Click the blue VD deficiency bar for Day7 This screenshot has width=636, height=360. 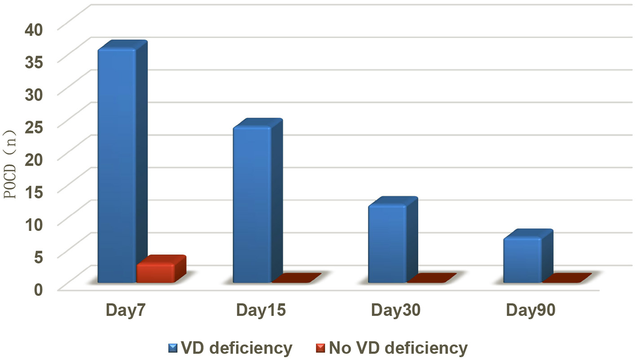click(117, 166)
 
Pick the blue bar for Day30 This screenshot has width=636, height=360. click(387, 244)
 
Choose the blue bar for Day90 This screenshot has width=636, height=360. click(522, 260)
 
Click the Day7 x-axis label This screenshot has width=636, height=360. click(125, 311)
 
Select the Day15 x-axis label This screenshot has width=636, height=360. click(261, 311)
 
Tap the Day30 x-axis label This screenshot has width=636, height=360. click(396, 311)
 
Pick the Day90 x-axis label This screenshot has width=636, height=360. click(531, 311)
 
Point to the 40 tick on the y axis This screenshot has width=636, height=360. click(34, 29)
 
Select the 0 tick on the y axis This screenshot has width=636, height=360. click(39, 289)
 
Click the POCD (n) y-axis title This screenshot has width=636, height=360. click(10, 164)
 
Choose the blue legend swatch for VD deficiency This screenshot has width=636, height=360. click(173, 348)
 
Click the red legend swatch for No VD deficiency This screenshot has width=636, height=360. click(320, 348)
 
